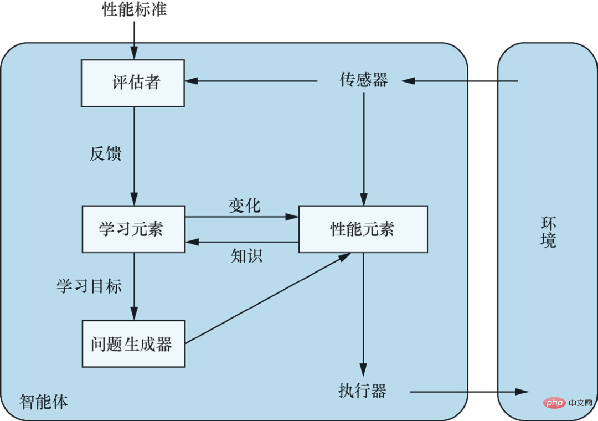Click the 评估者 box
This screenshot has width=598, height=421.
coord(133,83)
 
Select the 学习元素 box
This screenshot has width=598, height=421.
coord(133,229)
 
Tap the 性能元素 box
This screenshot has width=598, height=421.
coord(363,229)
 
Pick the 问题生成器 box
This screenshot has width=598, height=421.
coord(133,343)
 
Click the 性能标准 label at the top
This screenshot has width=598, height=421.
coord(134,10)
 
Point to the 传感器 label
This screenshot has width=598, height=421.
coord(363,81)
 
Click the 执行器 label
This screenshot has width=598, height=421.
coord(362,391)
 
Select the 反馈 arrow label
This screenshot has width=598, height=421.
coord(105,153)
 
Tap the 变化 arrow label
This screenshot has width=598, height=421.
coord(244,206)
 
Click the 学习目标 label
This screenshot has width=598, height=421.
coord(89,286)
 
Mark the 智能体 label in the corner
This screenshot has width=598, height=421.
coord(44,402)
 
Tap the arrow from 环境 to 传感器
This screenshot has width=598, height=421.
coord(460,81)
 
